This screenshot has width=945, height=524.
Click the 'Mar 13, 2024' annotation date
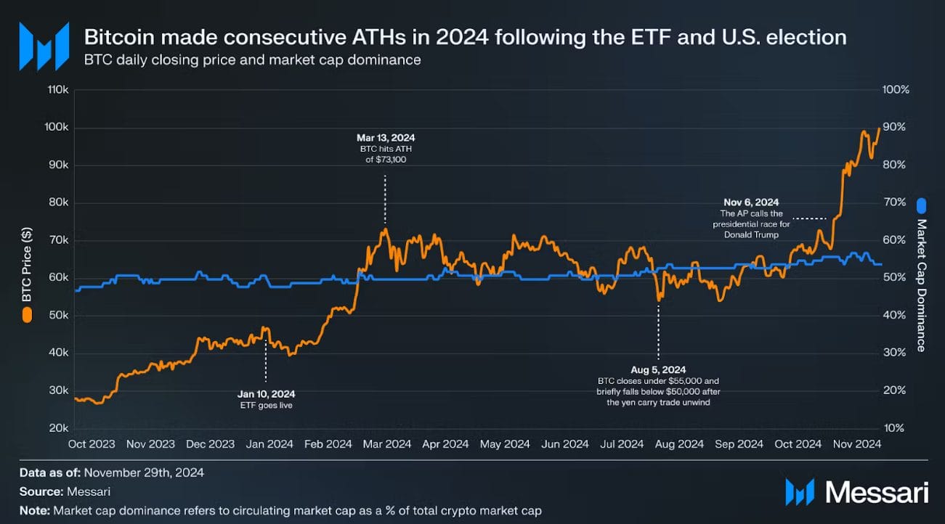pos(386,137)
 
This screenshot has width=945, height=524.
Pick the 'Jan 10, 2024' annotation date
pos(266,394)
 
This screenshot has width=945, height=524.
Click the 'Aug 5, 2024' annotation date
pos(658,369)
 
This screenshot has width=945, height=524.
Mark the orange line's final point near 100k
pos(878,128)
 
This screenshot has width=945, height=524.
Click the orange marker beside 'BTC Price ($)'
pos(27,314)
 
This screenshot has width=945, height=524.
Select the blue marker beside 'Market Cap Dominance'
pos(921,205)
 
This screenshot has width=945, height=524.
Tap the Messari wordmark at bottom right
pos(877,492)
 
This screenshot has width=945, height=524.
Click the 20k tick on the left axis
pos(59,428)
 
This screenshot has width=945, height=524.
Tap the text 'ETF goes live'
pos(266,405)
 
